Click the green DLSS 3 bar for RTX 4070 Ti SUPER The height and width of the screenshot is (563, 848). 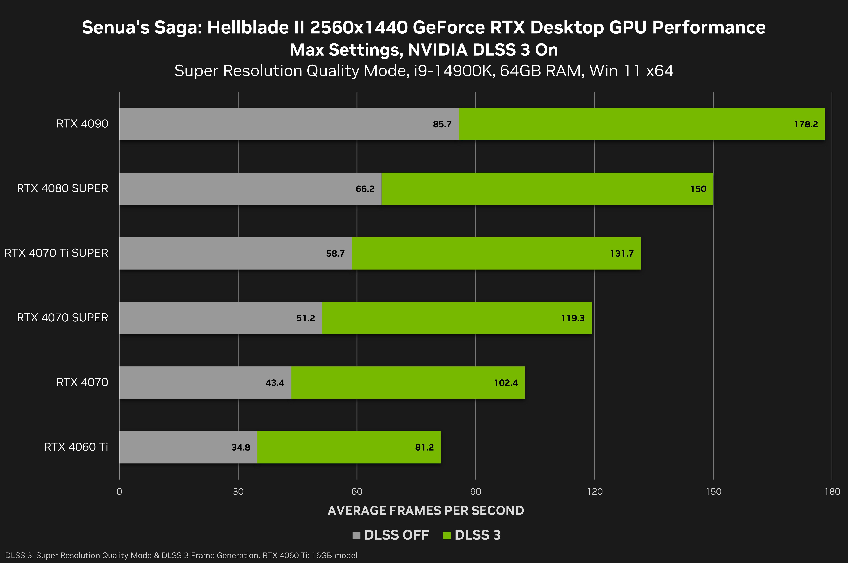[496, 253]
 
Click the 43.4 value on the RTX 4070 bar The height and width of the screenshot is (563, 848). [275, 383]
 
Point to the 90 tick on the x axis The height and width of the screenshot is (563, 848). [475, 492]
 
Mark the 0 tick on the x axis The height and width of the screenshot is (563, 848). [119, 492]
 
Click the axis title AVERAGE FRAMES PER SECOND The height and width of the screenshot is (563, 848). [426, 510]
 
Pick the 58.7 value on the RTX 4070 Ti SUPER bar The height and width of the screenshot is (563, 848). [335, 253]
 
